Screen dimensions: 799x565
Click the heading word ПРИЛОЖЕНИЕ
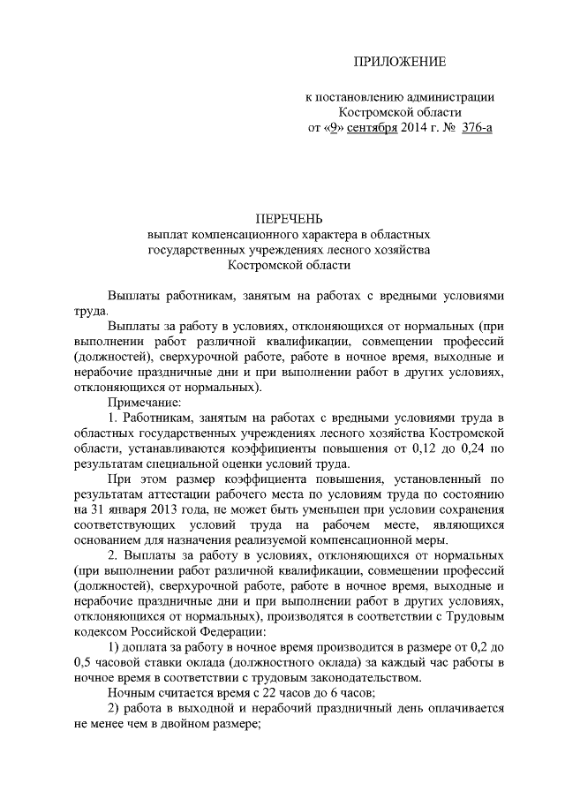[x=400, y=62]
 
